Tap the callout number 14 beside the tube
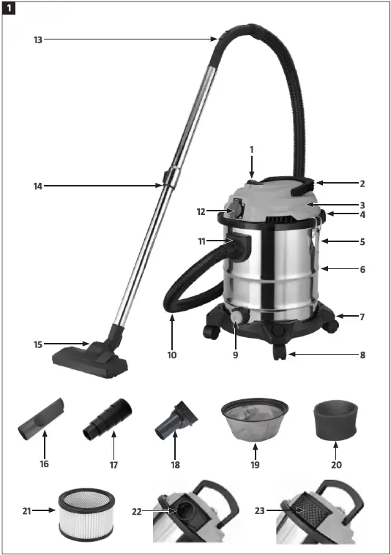(x=37, y=186)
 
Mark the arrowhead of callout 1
(x=251, y=177)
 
